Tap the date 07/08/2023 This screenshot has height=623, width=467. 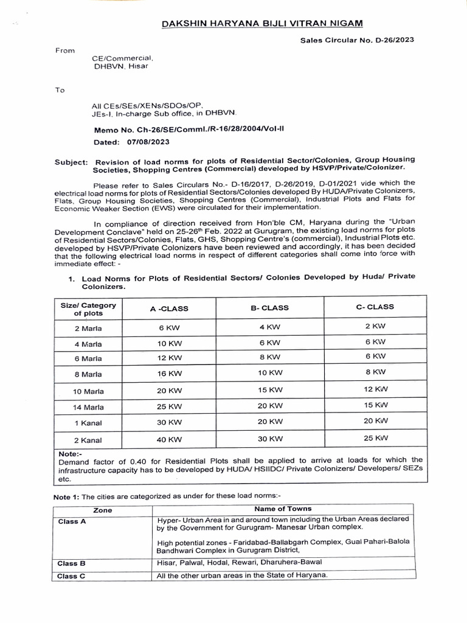click(149, 142)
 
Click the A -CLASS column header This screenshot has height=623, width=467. click(169, 308)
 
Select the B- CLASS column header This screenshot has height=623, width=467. click(269, 308)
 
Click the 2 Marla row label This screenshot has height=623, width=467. click(88, 328)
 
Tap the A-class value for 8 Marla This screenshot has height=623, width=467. click(169, 373)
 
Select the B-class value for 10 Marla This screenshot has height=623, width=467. click(269, 389)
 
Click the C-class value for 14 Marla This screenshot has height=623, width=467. click(375, 404)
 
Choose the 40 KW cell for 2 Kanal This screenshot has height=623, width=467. click(169, 439)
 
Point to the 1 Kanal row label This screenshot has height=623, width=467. click(88, 423)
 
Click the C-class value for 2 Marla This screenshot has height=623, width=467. click(375, 326)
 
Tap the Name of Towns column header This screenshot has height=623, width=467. click(283, 509)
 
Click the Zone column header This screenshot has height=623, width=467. click(103, 511)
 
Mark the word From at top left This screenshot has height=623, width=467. click(64, 50)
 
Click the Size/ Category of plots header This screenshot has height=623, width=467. click(88, 309)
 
